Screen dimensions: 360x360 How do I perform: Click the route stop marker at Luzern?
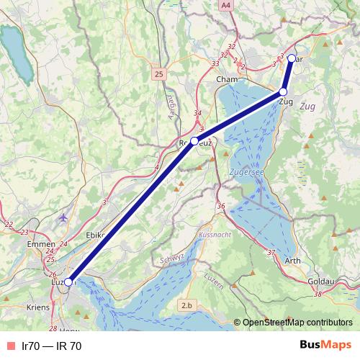click(68, 282)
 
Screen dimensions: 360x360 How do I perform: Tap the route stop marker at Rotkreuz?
click(194, 141)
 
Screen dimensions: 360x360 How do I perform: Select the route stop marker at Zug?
click(283, 92)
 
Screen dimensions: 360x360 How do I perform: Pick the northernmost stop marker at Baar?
click(292, 58)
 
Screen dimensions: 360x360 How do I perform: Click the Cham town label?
click(226, 79)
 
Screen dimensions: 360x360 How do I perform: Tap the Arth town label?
click(294, 261)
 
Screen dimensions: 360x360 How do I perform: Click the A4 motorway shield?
click(227, 5)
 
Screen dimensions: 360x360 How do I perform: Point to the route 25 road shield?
click(158, 73)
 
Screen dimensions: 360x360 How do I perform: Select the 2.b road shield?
click(187, 305)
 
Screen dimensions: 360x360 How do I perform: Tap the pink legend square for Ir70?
click(11, 346)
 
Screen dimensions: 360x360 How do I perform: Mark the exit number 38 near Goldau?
click(318, 294)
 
